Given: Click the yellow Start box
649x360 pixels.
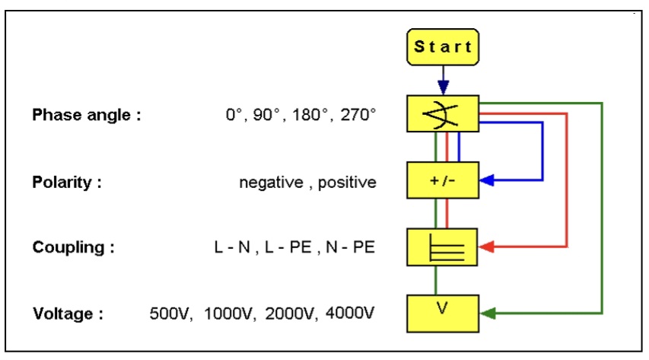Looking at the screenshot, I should pos(443,46).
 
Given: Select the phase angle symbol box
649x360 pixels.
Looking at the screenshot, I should pos(443,114).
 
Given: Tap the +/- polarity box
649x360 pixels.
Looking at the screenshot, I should pos(443,181).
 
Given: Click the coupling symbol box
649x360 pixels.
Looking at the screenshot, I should pos(443,247).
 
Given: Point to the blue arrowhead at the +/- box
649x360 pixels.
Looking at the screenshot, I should pos(488,180).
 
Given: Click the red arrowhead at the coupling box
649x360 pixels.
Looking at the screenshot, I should pos(488,247).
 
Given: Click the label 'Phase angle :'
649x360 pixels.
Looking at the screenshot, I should pos(86,116).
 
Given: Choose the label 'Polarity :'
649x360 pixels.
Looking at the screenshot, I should pos(66,183).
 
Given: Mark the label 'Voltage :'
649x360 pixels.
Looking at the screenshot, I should pos(68,314).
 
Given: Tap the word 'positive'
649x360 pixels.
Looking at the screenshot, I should pos(347,183).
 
